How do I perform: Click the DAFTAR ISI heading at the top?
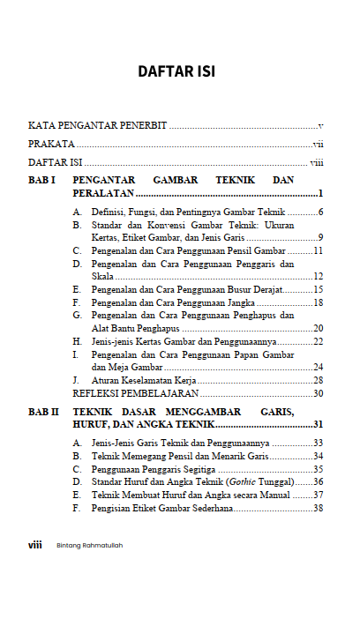point(176,71)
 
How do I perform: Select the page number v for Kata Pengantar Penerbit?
point(320,127)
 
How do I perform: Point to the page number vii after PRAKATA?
point(318,145)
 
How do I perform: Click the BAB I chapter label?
point(42,180)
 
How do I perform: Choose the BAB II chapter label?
point(44,412)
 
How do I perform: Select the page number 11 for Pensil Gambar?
point(318,250)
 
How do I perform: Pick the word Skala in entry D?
point(102,276)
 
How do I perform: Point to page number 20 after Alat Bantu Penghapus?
point(318,328)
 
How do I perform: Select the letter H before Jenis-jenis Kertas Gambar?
point(77,341)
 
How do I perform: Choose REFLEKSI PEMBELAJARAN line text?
point(136,393)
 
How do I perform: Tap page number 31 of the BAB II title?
point(318,425)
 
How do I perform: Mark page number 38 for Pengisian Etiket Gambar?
point(318,508)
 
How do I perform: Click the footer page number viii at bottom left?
point(35,545)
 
